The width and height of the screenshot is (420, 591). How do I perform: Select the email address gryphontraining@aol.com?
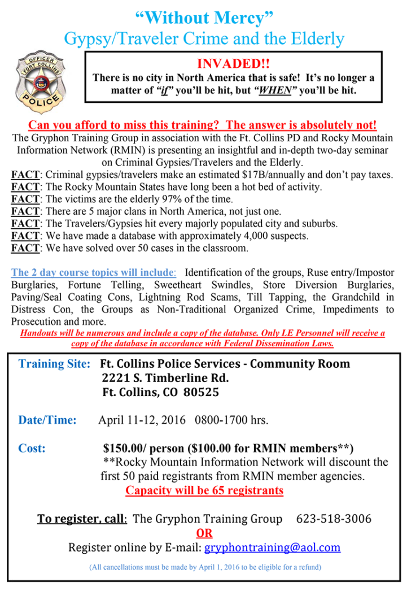click(x=272, y=547)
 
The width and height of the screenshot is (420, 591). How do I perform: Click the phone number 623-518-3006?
click(x=334, y=518)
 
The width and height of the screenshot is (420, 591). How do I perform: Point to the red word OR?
click(x=204, y=533)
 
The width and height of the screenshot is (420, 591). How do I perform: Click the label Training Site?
click(x=54, y=363)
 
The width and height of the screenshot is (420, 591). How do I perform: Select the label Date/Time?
click(x=47, y=420)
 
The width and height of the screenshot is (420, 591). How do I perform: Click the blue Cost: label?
click(x=32, y=449)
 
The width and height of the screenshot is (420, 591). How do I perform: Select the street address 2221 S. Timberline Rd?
click(x=165, y=378)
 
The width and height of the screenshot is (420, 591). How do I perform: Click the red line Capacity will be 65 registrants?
click(x=204, y=490)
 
